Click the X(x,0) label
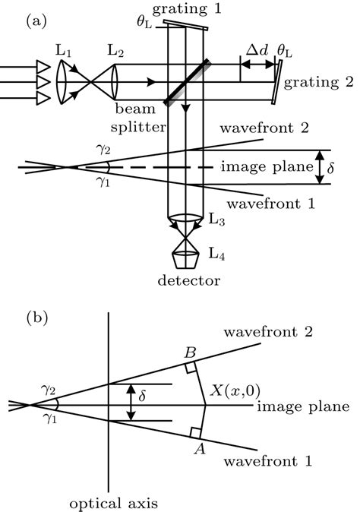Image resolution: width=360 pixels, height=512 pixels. pos(235,390)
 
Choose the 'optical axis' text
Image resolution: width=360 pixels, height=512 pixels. pos(111,503)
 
